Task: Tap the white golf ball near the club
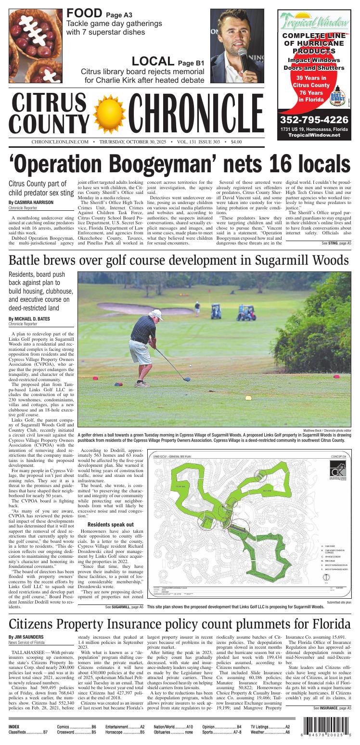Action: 191,366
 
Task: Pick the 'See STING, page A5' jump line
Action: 336,244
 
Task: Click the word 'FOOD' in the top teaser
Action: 84,13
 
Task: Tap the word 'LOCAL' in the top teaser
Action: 153,62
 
